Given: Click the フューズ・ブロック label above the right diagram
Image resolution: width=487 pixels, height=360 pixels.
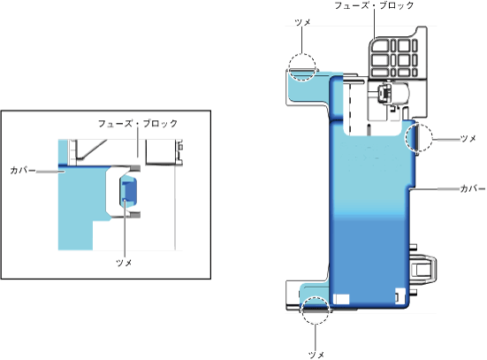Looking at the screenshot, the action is tap(374, 5).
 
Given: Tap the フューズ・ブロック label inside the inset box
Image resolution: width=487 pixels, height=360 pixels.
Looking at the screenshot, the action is tap(138, 124).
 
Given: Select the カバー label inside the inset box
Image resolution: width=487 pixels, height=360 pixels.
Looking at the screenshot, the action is tap(23, 170).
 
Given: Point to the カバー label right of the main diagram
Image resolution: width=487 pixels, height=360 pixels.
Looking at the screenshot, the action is tap(472, 188).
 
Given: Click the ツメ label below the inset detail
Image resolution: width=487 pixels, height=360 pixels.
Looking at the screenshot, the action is tap(124, 263).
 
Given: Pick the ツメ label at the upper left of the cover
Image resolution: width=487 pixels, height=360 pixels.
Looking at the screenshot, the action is tap(302, 22).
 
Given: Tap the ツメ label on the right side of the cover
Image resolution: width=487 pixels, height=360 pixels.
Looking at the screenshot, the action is tap(468, 138).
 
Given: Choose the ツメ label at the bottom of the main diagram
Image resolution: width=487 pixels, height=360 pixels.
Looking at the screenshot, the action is tap(316, 355).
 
